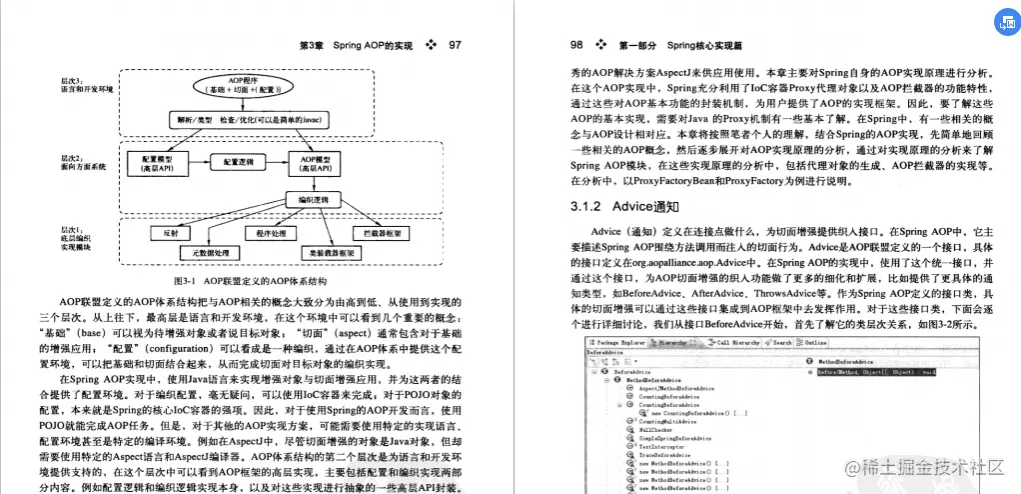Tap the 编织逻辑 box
(315, 200)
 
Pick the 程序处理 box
(271, 232)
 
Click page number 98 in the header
(576, 45)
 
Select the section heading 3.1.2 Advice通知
(611, 207)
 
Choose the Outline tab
(815, 342)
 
